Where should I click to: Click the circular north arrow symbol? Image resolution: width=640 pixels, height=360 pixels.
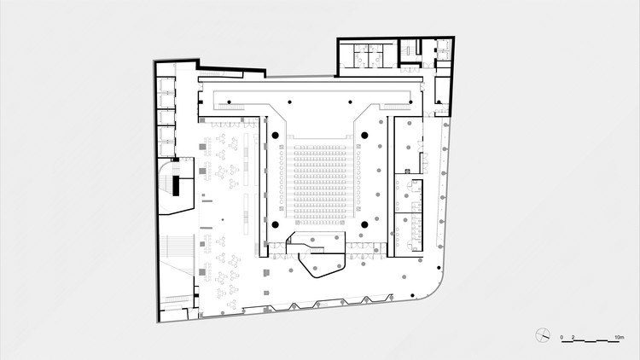click(x=544, y=334)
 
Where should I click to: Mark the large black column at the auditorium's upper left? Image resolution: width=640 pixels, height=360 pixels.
click(x=276, y=135)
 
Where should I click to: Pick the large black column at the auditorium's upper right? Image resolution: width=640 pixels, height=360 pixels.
click(x=364, y=135)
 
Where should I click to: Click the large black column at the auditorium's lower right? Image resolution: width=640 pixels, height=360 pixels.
click(x=364, y=224)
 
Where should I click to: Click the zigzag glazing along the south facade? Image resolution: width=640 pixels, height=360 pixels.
click(x=341, y=303)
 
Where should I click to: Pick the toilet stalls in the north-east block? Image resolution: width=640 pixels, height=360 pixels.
click(x=368, y=55)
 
